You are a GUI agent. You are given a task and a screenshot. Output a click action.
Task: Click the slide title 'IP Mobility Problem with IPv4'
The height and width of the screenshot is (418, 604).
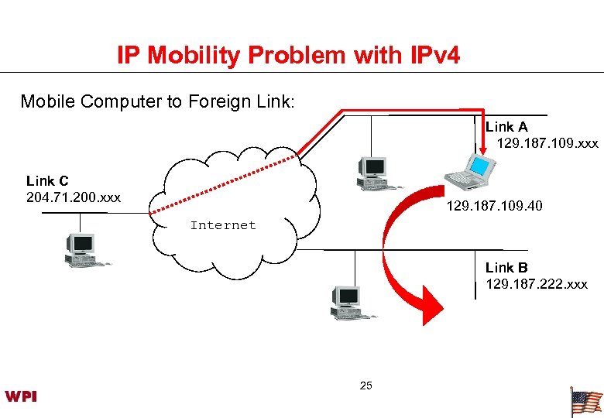(288, 55)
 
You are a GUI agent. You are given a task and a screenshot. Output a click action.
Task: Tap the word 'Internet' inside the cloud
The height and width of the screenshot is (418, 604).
(222, 225)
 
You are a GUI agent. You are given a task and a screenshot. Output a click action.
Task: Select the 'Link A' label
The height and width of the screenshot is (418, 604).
(506, 127)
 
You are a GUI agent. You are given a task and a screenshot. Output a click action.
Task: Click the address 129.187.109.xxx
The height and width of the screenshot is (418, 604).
(547, 143)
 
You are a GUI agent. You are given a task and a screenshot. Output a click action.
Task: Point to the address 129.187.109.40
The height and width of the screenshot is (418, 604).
(494, 206)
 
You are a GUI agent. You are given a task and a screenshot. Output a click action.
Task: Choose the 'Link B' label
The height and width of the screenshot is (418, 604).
(506, 268)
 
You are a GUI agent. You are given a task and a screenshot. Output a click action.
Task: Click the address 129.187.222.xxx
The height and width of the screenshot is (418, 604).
(536, 284)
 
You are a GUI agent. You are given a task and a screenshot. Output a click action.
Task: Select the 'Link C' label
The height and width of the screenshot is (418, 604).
(47, 181)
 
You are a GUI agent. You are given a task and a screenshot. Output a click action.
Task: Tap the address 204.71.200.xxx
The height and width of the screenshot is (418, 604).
(74, 197)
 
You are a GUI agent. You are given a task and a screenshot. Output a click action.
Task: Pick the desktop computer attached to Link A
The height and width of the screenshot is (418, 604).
(371, 172)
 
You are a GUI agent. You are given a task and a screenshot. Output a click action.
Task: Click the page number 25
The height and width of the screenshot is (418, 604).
(366, 385)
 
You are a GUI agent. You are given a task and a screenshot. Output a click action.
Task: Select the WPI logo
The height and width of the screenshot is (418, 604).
(21, 396)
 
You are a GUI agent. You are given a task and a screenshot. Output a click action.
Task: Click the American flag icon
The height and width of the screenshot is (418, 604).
(585, 402)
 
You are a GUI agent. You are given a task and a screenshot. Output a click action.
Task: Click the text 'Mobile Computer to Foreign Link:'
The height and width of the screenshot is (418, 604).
(157, 101)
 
